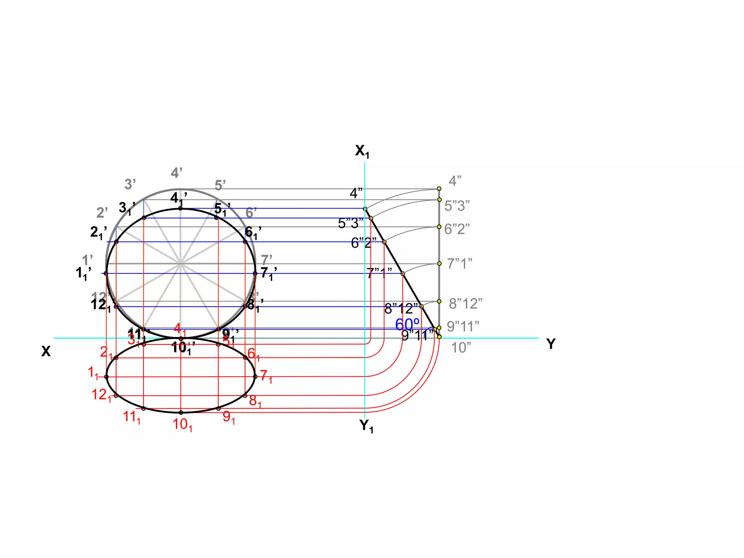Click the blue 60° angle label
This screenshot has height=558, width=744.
(407, 324)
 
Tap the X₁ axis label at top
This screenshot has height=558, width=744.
(362, 151)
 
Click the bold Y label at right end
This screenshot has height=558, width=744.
(551, 344)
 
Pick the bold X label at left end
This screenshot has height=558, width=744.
(46, 351)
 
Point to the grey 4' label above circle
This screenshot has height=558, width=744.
(177, 173)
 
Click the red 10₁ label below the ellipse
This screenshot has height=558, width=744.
(182, 424)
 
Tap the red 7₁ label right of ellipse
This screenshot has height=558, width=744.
(266, 376)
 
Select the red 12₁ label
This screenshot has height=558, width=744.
(101, 395)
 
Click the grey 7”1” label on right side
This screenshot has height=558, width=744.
(459, 264)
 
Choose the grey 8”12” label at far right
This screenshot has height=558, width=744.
(465, 303)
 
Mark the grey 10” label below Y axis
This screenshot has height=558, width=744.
(461, 348)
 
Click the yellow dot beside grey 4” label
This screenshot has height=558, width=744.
(439, 189)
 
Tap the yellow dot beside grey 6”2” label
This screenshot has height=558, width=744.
(439, 227)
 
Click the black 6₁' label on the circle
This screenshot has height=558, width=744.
(252, 232)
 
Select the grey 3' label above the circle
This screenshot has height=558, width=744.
(130, 184)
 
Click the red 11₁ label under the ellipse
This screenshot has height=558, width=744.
(132, 417)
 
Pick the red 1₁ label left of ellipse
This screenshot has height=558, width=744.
(93, 372)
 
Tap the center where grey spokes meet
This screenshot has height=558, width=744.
(181, 263)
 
